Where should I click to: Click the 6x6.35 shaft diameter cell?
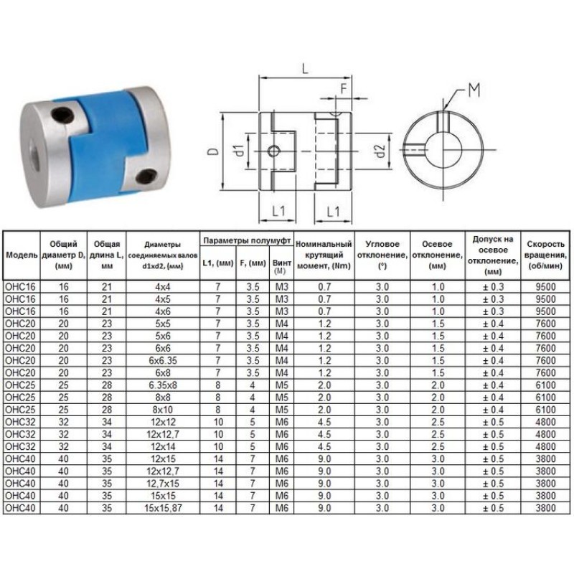(x=163, y=361)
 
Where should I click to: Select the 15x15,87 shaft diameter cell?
(x=163, y=508)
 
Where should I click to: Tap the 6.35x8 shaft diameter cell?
(x=163, y=385)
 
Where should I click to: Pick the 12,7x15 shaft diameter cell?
(x=163, y=484)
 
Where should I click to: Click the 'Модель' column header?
(x=22, y=255)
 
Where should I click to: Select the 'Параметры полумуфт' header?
(x=247, y=240)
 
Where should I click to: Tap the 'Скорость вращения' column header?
(x=545, y=255)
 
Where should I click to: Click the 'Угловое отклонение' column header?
(x=382, y=255)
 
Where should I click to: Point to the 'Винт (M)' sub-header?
(x=281, y=266)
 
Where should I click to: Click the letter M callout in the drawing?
(x=474, y=90)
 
